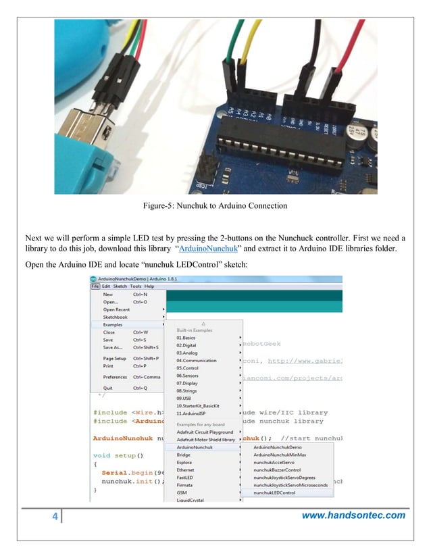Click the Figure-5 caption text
pos(215,205)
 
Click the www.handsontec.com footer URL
pos(353,516)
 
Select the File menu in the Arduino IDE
pos(95,286)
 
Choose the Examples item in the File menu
pos(114,324)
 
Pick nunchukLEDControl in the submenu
pos(274,493)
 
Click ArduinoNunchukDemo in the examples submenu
pos(277,447)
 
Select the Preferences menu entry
pos(115,377)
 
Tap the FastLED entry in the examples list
pos(186,478)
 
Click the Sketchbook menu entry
pos(116,317)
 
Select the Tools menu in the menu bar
pos(136,286)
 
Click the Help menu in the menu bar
pos(149,286)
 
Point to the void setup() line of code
pos(119,455)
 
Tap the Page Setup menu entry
pos(115,358)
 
